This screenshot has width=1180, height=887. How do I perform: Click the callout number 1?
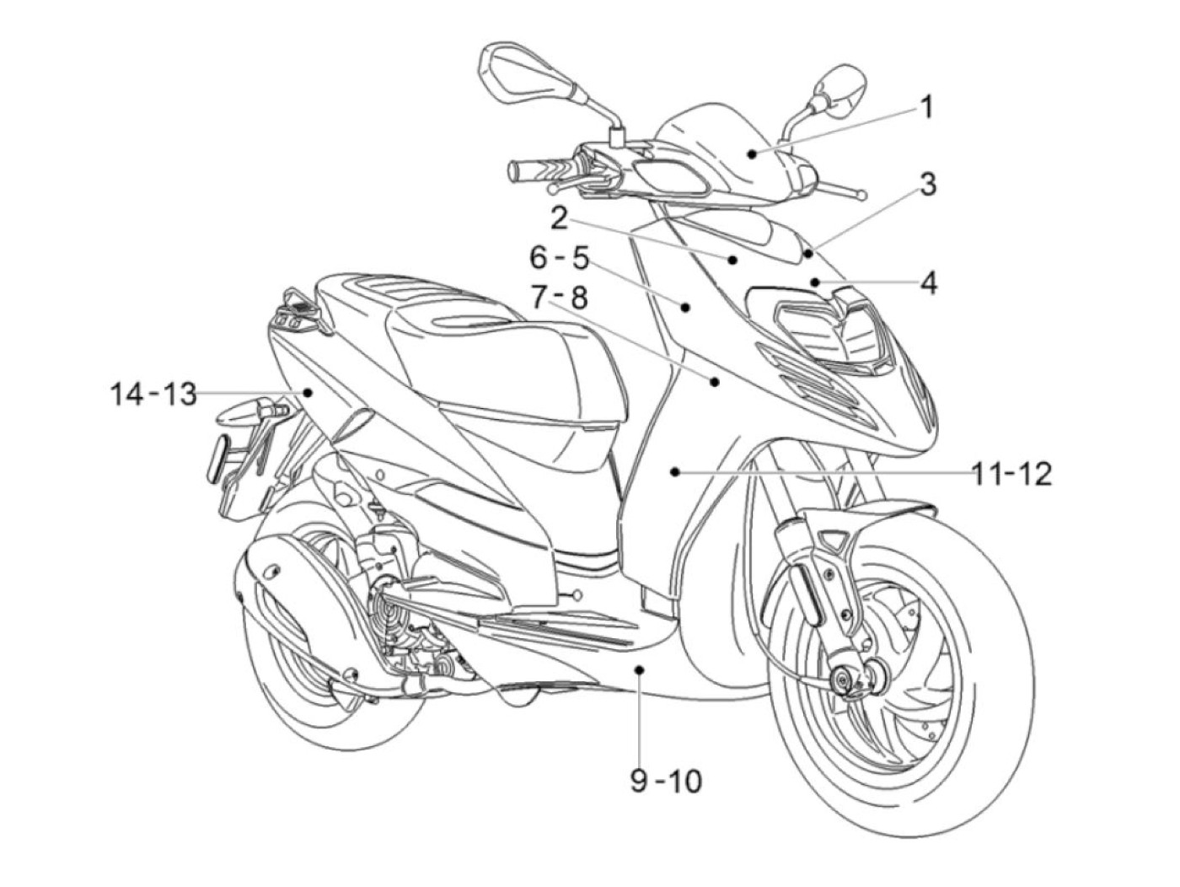pos(925,109)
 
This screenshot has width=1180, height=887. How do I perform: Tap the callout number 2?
pos(559,218)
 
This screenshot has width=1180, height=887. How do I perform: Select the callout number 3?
pos(927,185)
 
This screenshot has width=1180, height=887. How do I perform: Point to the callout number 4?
pos(928,284)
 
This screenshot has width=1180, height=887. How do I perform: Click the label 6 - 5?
pos(559,258)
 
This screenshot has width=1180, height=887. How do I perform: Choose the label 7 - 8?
pos(559,298)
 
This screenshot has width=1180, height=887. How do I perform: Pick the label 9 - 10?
pos(666,782)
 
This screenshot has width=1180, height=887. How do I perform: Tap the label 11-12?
pos(1012,474)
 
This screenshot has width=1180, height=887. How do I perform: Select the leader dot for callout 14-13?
pos(308,392)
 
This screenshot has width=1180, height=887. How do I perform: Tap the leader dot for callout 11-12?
pos(675,474)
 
